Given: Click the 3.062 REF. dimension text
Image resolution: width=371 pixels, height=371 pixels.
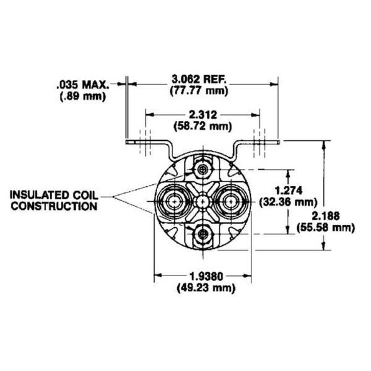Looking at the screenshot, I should click(x=199, y=79).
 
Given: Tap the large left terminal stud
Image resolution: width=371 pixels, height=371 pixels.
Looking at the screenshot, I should click(x=172, y=202).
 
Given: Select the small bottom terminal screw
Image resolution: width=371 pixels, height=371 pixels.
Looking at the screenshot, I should click(x=202, y=233).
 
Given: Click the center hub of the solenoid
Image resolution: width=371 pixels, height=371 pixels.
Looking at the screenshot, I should click(x=202, y=202).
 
